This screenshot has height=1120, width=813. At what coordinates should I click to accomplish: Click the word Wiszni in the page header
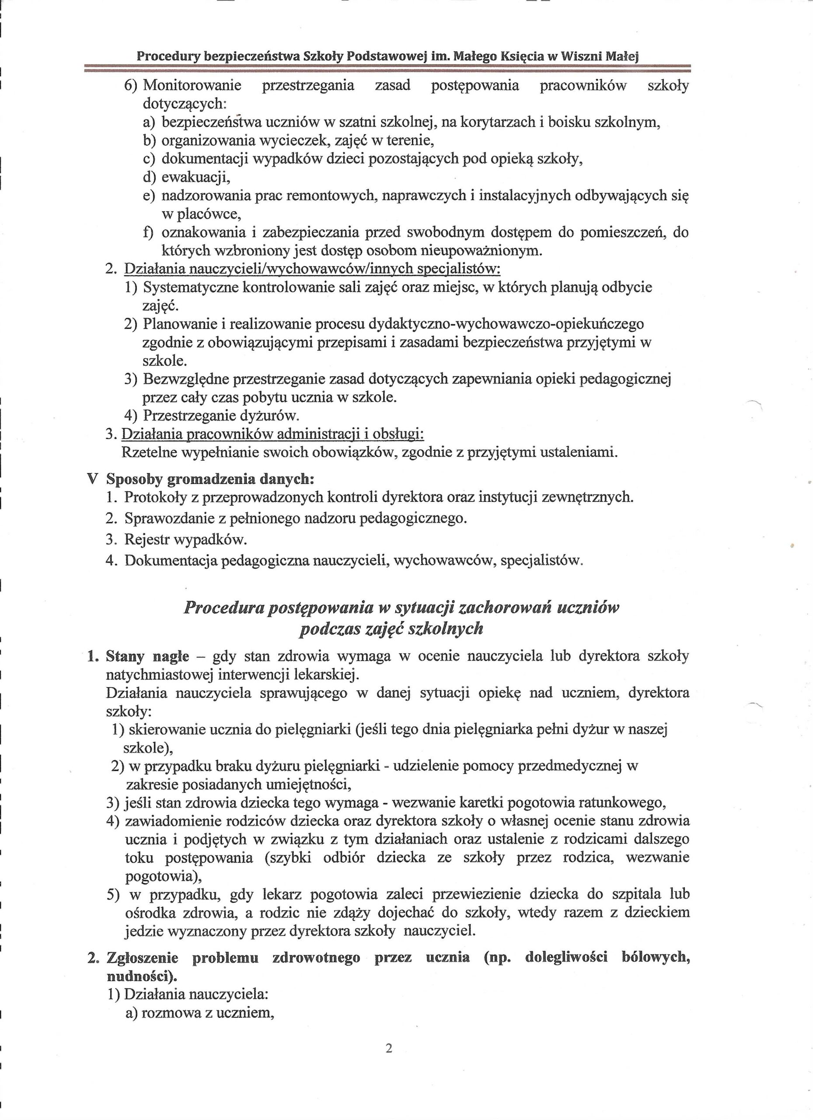580,56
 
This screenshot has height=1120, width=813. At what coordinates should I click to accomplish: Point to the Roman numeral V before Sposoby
91,479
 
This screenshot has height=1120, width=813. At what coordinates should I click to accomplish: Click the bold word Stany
123,657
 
